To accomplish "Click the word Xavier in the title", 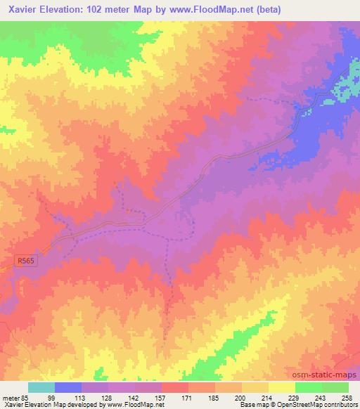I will coord(22,10).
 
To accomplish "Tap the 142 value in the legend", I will coord(137,397).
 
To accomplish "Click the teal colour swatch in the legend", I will coord(41,387).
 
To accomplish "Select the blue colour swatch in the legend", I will coord(68,387).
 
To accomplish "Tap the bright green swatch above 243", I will coord(309,387).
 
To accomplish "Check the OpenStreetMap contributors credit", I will coord(311,405).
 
